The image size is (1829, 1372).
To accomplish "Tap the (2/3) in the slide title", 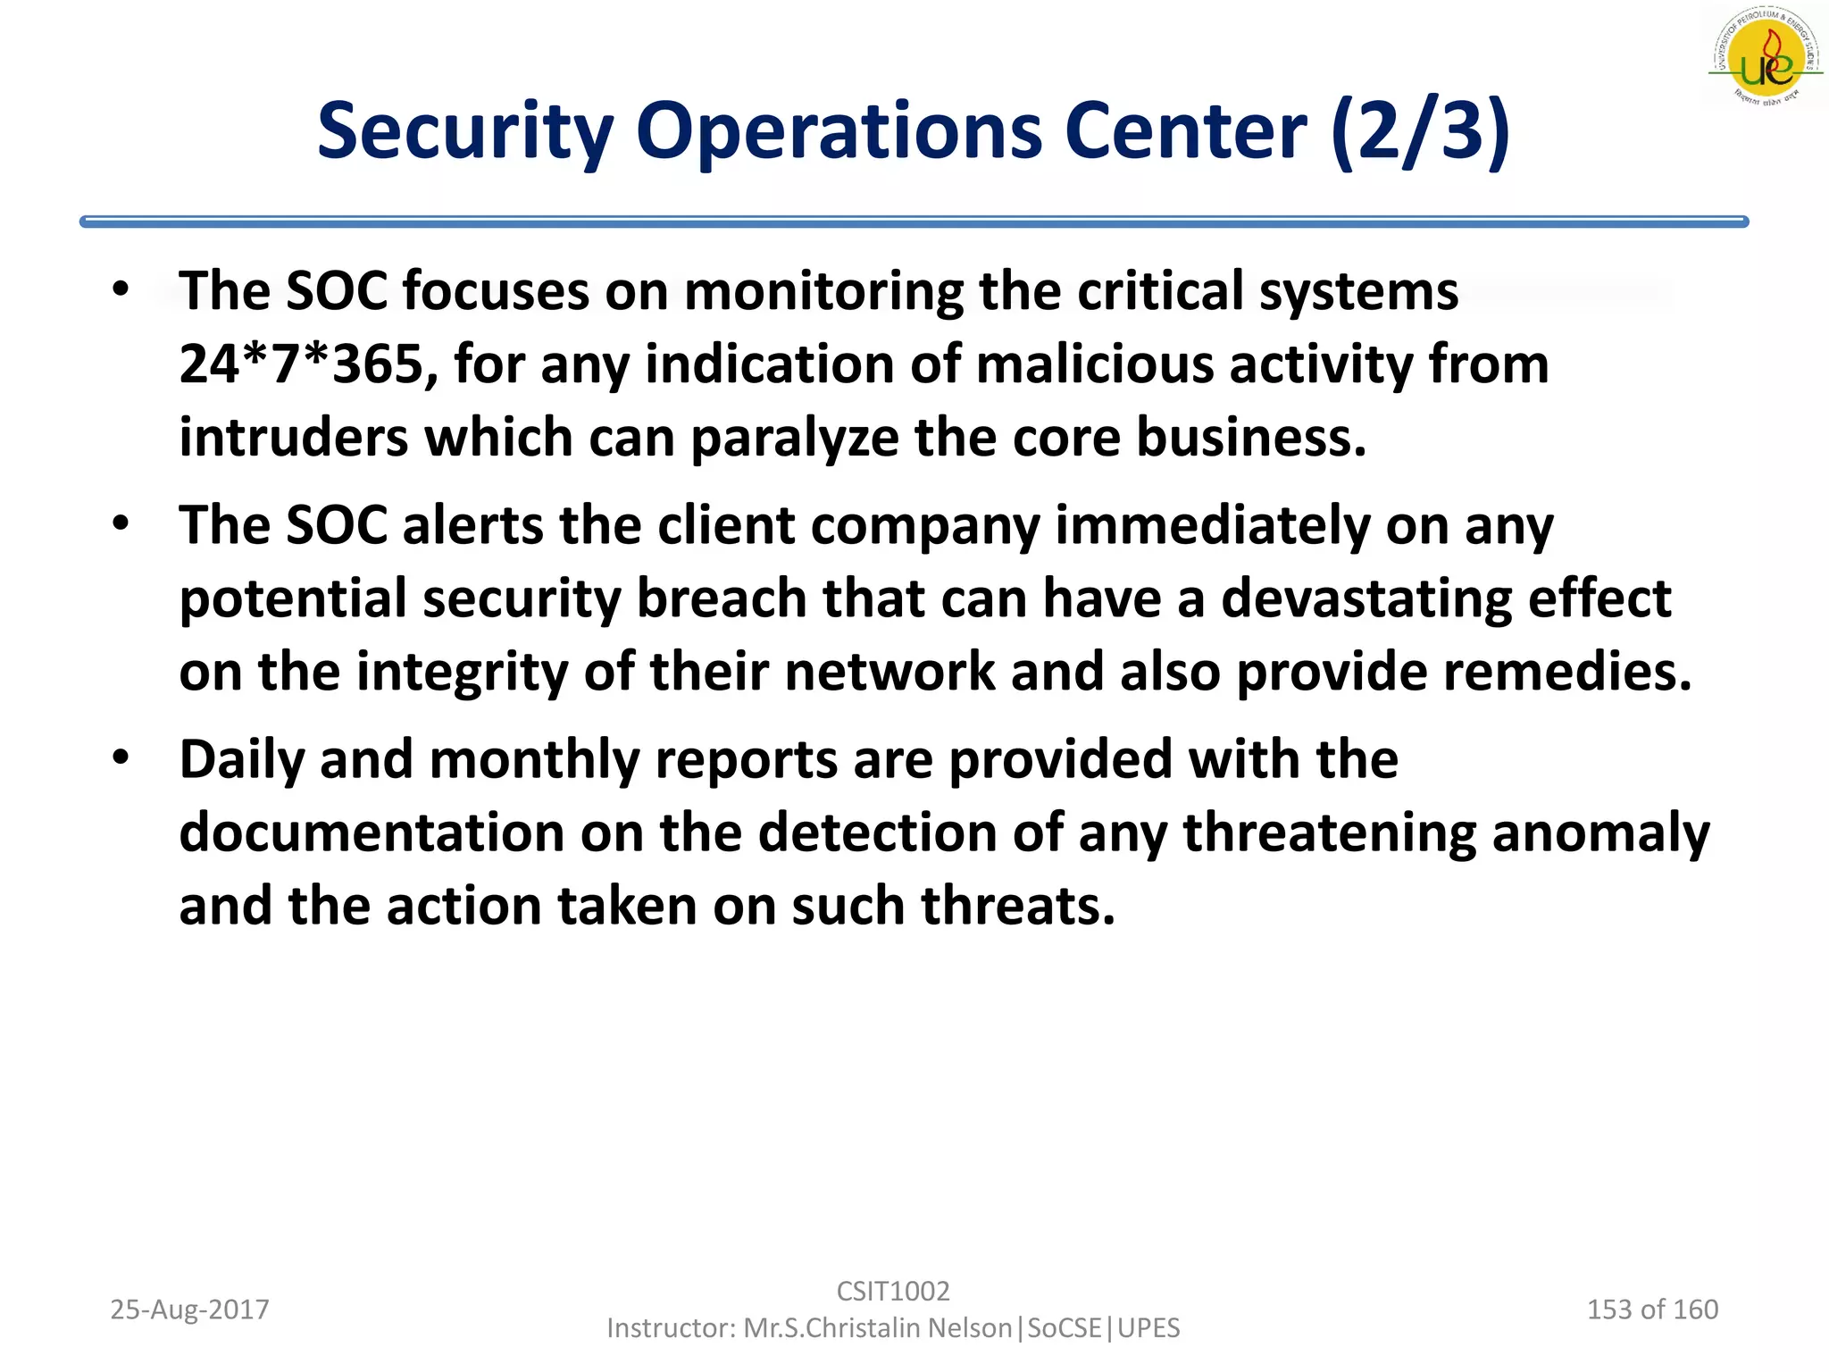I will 1419,132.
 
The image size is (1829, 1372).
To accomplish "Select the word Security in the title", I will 464,132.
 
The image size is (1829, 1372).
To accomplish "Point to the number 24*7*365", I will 301,364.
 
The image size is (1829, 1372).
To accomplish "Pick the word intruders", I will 293,438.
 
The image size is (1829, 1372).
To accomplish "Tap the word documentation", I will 372,832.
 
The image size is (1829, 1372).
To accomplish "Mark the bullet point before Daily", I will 121,758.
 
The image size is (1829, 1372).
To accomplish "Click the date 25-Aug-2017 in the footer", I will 189,1309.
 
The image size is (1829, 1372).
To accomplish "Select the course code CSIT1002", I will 893,1291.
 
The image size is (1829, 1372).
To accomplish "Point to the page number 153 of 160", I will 1652,1309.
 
